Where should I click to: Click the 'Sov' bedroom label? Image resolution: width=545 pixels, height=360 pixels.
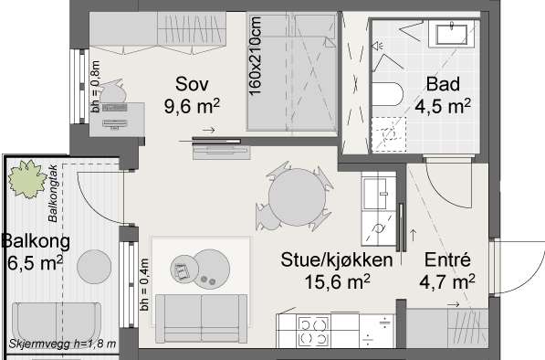[x=192, y=84]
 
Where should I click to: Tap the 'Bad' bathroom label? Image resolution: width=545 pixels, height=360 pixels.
[x=443, y=84]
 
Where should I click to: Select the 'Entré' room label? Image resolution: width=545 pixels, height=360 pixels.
[x=447, y=259]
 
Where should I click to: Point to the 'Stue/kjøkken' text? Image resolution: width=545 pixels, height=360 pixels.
[x=337, y=260]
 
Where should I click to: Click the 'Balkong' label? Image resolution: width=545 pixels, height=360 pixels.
[x=36, y=242]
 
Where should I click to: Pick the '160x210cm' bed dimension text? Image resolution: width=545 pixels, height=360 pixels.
[x=255, y=56]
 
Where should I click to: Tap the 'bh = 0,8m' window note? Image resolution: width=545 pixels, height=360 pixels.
[x=96, y=87]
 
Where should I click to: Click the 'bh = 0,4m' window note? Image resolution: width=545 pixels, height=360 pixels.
[x=144, y=284]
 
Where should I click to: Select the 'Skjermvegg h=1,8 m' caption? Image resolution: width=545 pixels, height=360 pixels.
[x=63, y=344]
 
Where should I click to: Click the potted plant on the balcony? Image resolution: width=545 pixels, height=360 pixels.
[x=27, y=179]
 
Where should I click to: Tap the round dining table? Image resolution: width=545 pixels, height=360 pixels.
[x=298, y=197]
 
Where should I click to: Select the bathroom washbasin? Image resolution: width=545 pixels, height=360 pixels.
[x=452, y=34]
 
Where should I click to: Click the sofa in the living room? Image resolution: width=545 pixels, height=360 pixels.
[x=201, y=318]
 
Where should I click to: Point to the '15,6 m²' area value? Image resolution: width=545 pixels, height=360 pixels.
[x=337, y=281]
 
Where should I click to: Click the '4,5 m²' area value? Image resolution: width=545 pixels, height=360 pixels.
[x=443, y=106]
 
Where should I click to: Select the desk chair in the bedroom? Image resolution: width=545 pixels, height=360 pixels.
[x=112, y=91]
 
